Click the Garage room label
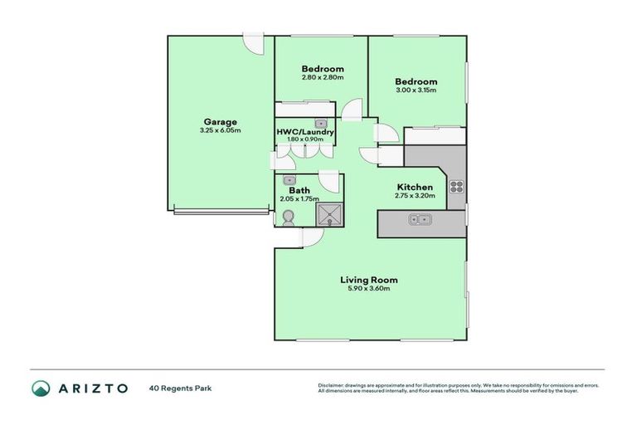[220, 121]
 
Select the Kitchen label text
[415, 187]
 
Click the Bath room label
[299, 190]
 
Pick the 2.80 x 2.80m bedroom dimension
[323, 77]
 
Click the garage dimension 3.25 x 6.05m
[220, 130]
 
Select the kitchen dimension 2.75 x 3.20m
[415, 196]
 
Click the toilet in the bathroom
[288, 217]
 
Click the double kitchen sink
[419, 220]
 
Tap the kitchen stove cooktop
[456, 186]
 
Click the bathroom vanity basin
[289, 179]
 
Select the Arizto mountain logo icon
[41, 388]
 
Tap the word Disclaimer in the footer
[332, 385]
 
